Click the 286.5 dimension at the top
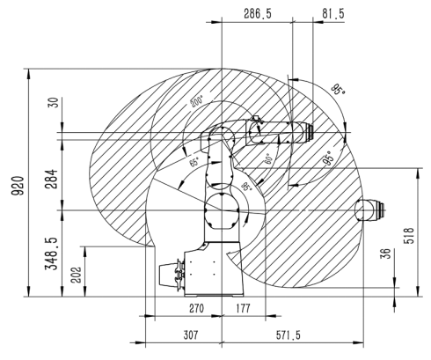pyautogui.click(x=258, y=14)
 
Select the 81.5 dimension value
pyautogui.click(x=333, y=14)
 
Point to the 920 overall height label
pyautogui.click(x=18, y=186)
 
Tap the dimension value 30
pyautogui.click(x=55, y=102)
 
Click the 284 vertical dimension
pyautogui.click(x=52, y=179)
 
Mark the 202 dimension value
pyautogui.click(x=77, y=275)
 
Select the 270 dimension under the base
pyautogui.click(x=196, y=308)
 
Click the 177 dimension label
pyautogui.click(x=244, y=308)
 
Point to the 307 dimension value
pyautogui.click(x=191, y=334)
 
